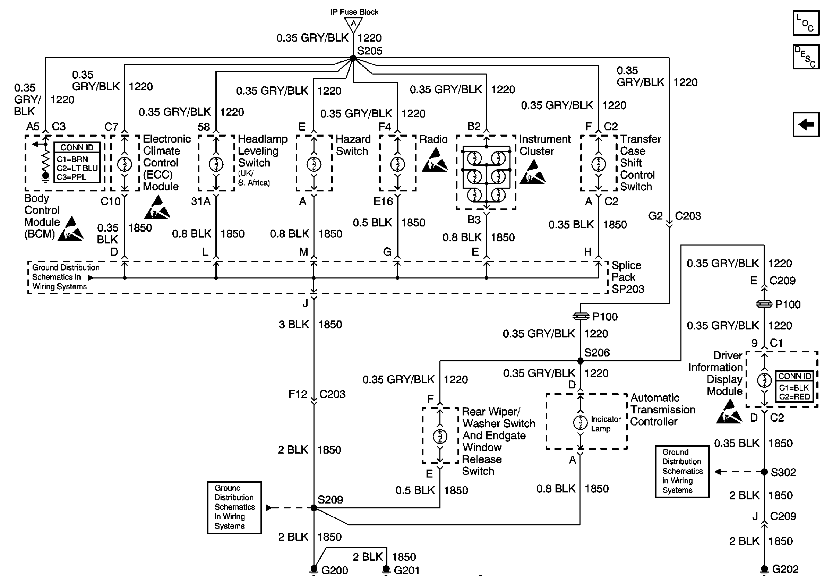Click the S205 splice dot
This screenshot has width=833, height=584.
point(353,58)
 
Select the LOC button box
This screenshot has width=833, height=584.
point(806,23)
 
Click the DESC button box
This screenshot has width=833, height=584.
point(806,57)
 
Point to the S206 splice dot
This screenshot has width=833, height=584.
point(580,361)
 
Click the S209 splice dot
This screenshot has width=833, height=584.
point(314,508)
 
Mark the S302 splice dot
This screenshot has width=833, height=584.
point(764,472)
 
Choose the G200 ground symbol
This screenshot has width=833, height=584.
point(314,570)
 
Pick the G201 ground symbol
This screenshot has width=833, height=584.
point(386,570)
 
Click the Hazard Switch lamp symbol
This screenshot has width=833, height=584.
point(314,164)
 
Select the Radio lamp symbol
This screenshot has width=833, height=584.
point(397,164)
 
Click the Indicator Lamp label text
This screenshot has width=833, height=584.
point(606,424)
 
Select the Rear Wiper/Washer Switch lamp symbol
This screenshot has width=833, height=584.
point(440,436)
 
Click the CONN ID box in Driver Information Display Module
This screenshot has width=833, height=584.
point(794,386)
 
